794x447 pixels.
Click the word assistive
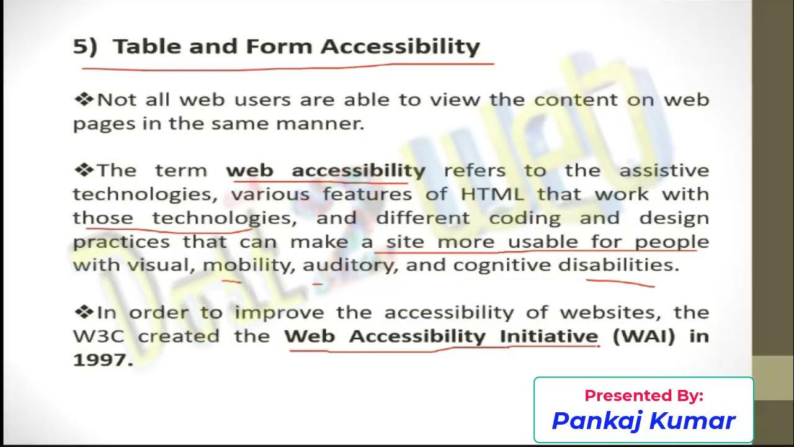coord(664,171)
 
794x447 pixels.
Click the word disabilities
coord(618,265)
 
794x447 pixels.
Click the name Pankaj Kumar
coord(643,421)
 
